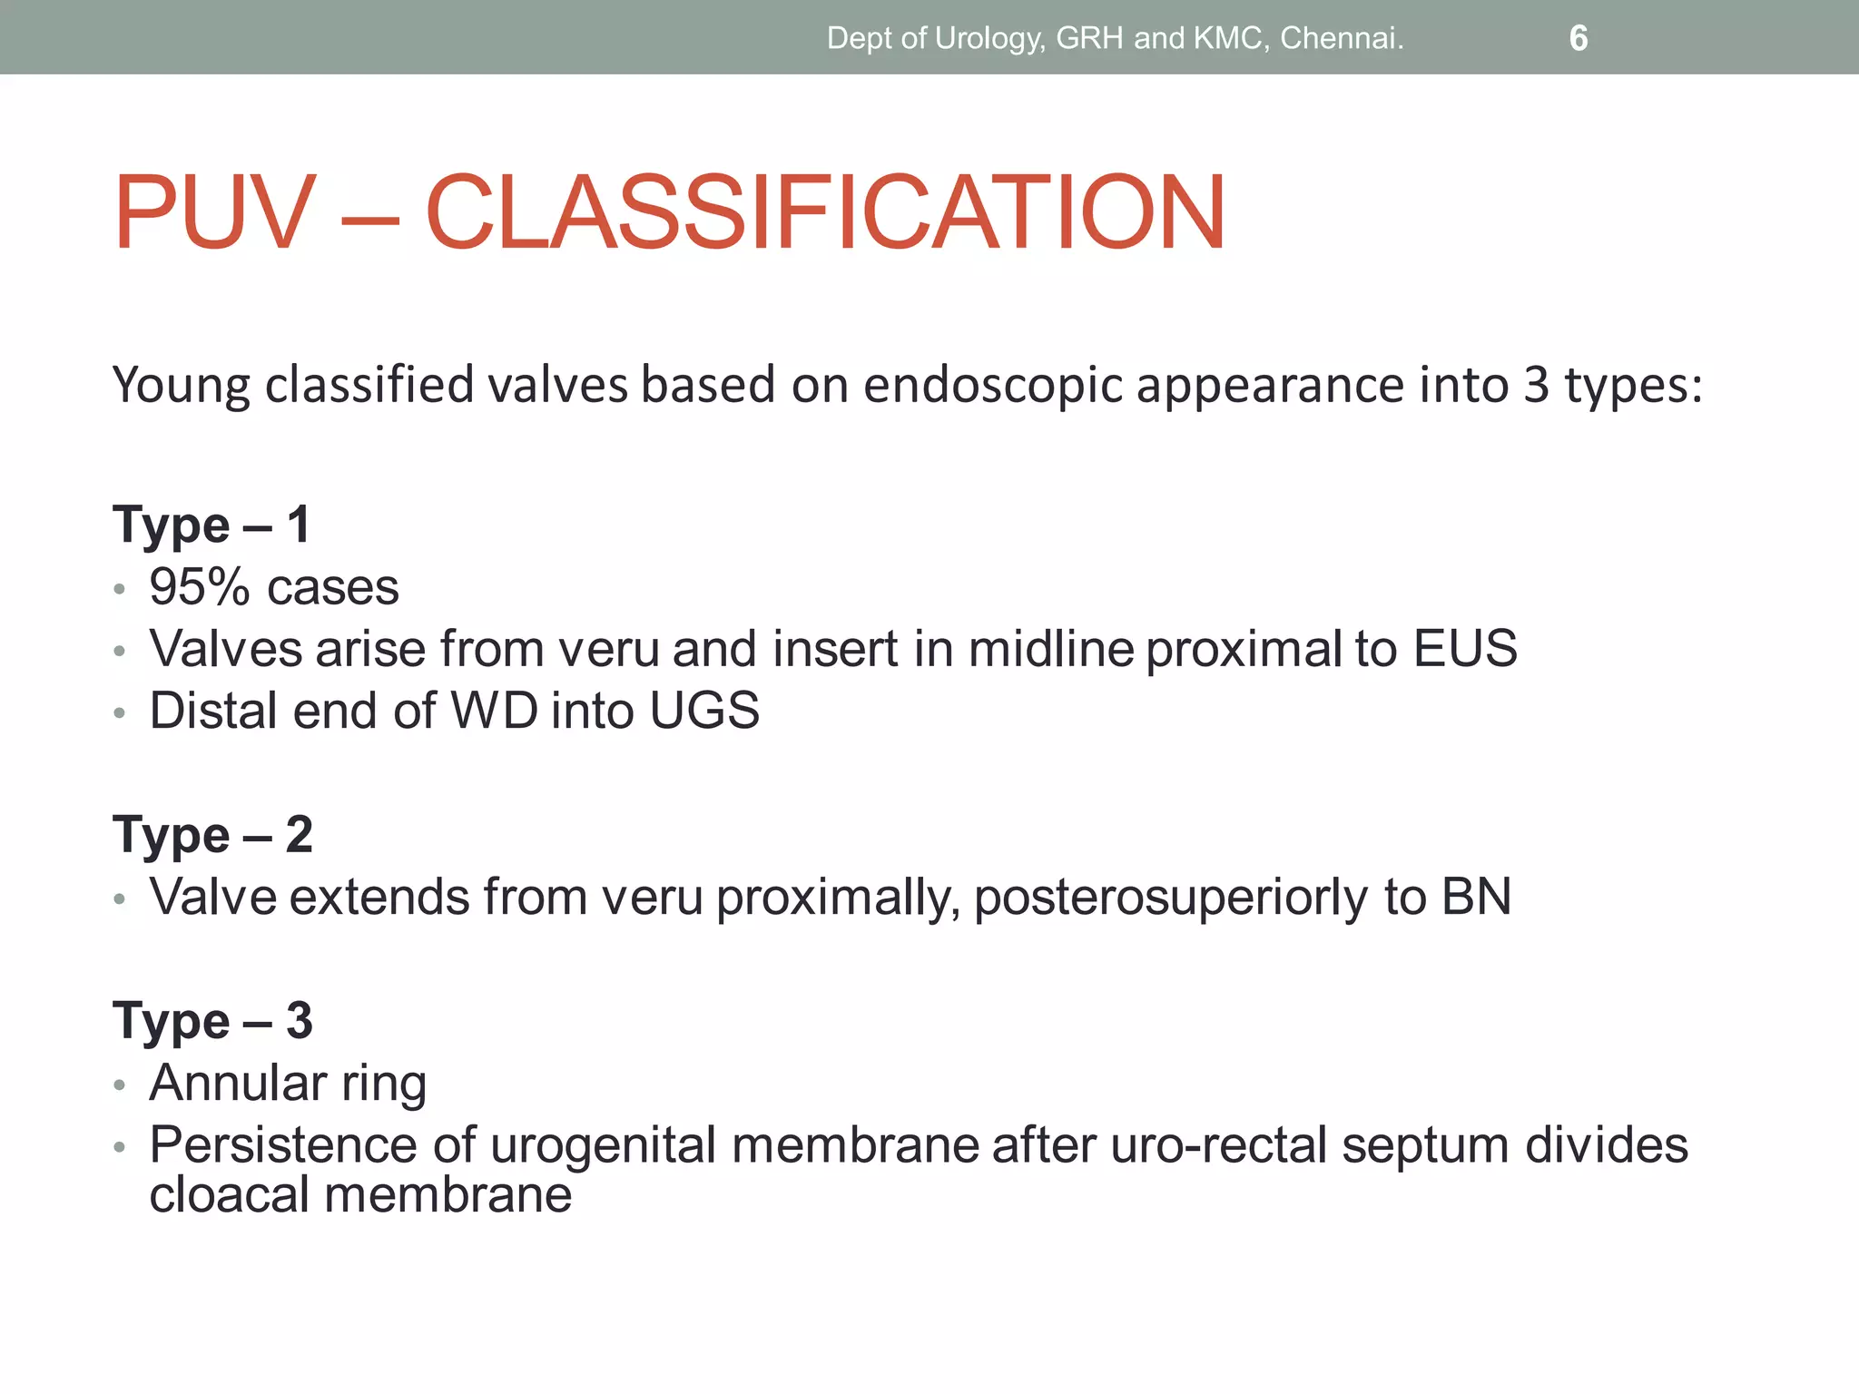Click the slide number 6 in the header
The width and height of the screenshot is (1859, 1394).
[1578, 38]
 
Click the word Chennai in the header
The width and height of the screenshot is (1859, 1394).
[1341, 38]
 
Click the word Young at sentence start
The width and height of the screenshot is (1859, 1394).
[181, 385]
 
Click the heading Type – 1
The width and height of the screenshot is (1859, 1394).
[211, 525]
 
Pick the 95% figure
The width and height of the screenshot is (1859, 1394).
[199, 587]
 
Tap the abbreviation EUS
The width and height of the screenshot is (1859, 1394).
[1464, 649]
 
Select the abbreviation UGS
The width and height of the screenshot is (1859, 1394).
[704, 711]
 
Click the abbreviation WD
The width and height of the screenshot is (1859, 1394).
[495, 711]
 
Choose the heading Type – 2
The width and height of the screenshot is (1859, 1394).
[212, 834]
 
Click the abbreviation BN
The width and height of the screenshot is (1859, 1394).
[1476, 897]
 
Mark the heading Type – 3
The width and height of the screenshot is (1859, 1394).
[212, 1020]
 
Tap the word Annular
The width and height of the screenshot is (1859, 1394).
[238, 1083]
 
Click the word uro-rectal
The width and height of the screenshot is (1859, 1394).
[1219, 1144]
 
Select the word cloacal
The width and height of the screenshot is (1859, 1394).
[231, 1194]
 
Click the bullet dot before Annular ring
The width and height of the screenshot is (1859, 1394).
[119, 1085]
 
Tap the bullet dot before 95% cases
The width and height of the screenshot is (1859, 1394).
[119, 590]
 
